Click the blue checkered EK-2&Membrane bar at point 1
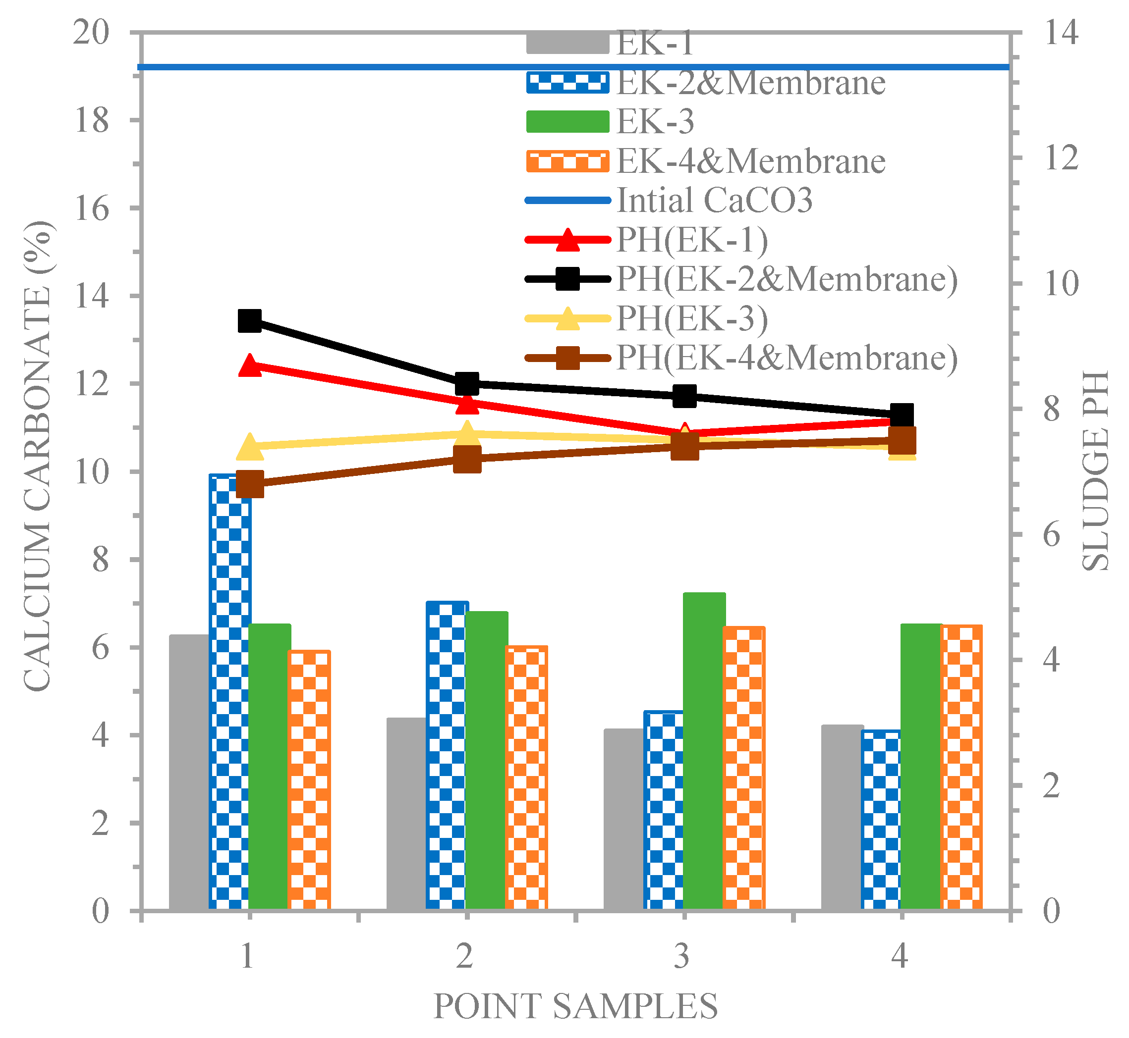coord(229,691)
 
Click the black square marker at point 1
coord(249,321)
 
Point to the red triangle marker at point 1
coord(249,365)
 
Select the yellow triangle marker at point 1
coord(249,447)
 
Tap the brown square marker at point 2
coord(467,459)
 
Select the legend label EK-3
coord(655,121)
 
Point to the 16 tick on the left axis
coord(92,209)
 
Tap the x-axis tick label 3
coord(681,955)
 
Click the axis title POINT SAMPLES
coord(575,1005)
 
